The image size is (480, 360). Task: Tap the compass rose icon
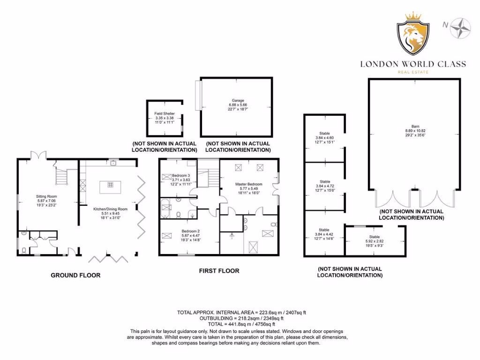click(x=459, y=27)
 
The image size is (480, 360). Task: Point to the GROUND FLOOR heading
click(x=75, y=275)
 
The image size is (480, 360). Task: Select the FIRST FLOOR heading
click(x=219, y=270)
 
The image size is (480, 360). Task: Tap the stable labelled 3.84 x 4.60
click(x=325, y=138)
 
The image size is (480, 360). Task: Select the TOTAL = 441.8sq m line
click(x=239, y=324)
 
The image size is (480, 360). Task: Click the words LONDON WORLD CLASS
click(x=413, y=64)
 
